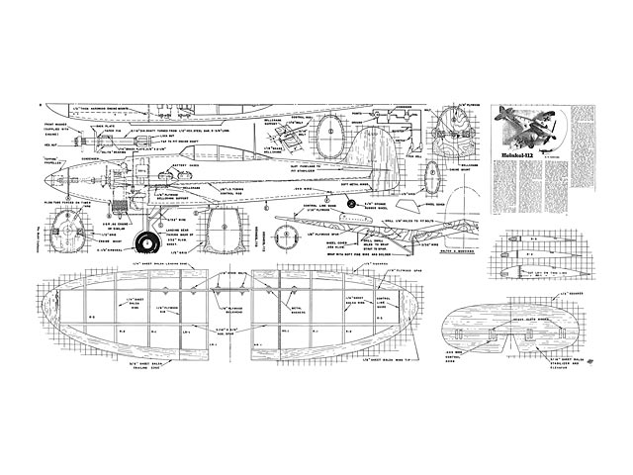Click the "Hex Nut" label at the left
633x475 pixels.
coord(49,142)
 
